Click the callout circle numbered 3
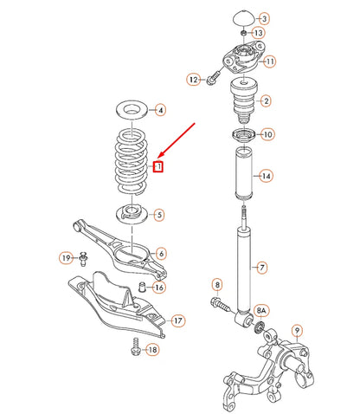[265, 18]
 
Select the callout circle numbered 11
[270, 61]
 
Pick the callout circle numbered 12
[192, 79]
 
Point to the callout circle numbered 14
[267, 176]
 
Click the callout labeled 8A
[261, 309]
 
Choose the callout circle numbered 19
[66, 257]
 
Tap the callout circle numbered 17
[177, 321]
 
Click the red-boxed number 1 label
[157, 166]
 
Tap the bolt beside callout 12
[213, 81]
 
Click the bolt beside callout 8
[220, 304]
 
